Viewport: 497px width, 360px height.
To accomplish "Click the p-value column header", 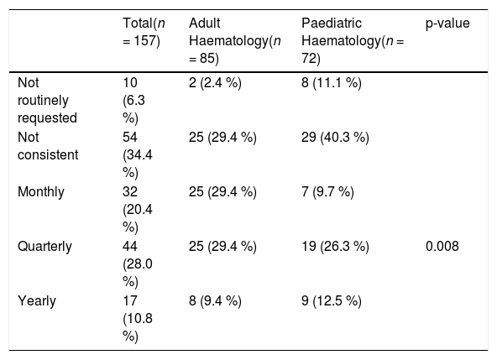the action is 447,23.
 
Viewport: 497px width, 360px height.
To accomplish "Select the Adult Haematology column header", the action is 235,41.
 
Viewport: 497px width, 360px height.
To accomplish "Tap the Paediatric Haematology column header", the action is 353,41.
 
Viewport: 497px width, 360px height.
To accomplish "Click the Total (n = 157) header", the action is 144,32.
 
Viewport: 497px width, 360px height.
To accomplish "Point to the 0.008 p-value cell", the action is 442,246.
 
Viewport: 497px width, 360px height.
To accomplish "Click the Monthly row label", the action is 41,192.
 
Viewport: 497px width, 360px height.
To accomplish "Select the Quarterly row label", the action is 44,247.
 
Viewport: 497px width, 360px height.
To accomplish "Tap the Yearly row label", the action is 37,301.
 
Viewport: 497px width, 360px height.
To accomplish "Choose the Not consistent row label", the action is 48,146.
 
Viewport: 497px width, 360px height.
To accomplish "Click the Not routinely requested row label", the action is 47,101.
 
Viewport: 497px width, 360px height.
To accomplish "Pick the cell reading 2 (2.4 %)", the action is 215,83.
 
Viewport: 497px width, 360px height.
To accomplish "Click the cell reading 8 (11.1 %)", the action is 332,83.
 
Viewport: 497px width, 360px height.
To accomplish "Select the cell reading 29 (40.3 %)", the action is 335,138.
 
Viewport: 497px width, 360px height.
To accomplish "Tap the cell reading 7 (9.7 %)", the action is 327,192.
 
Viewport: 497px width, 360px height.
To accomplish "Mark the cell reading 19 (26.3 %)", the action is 335,247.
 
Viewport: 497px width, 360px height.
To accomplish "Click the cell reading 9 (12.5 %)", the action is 332,301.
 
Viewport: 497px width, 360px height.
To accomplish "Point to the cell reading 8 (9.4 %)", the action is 215,301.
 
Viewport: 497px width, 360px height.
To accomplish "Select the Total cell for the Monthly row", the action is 138,210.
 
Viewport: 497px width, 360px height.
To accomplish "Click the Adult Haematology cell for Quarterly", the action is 222,247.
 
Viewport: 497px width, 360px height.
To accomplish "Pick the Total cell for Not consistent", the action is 138,155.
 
